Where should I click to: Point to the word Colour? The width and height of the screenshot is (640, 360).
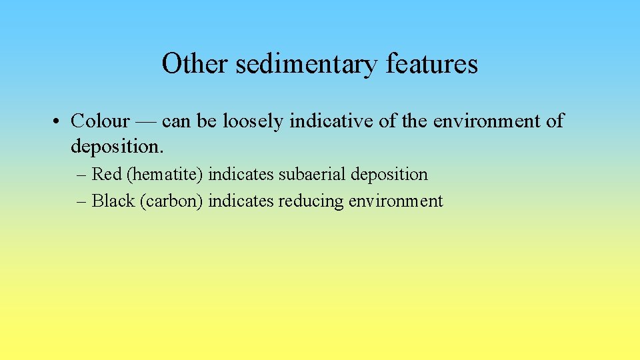click(100, 121)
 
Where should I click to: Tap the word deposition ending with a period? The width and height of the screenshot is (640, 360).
click(118, 145)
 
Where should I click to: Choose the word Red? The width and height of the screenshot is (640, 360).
click(106, 175)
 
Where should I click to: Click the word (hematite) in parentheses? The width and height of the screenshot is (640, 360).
click(165, 175)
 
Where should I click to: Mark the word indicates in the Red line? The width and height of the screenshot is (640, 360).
click(241, 175)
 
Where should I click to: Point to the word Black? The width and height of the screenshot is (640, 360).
click(113, 201)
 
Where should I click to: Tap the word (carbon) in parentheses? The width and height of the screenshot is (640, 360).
click(172, 201)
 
